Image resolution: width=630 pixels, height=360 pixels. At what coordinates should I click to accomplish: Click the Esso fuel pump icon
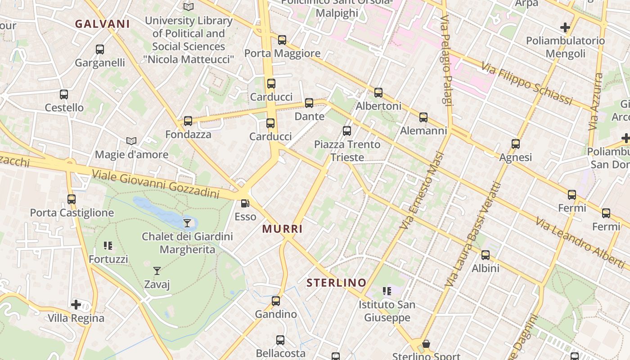point(245,203)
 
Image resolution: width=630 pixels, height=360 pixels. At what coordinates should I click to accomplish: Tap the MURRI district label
point(283,229)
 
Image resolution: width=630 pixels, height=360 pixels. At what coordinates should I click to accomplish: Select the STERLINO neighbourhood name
point(336,283)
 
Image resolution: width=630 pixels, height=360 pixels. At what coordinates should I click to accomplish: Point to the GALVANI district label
point(102,24)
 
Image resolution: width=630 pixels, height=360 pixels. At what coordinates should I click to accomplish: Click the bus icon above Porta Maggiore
point(282,40)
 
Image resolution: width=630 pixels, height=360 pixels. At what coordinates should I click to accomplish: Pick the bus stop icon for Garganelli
point(100,49)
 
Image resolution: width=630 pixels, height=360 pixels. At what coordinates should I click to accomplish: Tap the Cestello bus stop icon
point(64,94)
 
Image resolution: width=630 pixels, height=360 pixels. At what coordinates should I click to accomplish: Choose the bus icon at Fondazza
point(188,121)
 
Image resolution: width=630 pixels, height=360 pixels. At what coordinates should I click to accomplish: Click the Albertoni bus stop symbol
point(378,93)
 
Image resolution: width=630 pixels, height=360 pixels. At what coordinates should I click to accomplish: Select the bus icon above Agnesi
point(516,144)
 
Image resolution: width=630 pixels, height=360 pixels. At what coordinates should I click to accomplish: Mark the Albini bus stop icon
point(486,255)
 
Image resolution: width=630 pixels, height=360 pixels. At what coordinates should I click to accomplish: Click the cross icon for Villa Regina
point(76,305)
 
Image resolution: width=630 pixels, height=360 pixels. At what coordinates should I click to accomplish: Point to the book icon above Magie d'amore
point(131,141)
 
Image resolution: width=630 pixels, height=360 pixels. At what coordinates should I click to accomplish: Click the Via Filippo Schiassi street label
point(526,84)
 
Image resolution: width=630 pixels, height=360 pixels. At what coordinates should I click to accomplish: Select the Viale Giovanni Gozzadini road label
point(155,183)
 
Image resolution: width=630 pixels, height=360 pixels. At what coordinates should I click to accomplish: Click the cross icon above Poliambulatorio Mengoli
point(565,27)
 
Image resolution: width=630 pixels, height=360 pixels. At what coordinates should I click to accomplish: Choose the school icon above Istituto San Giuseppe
point(387,291)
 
